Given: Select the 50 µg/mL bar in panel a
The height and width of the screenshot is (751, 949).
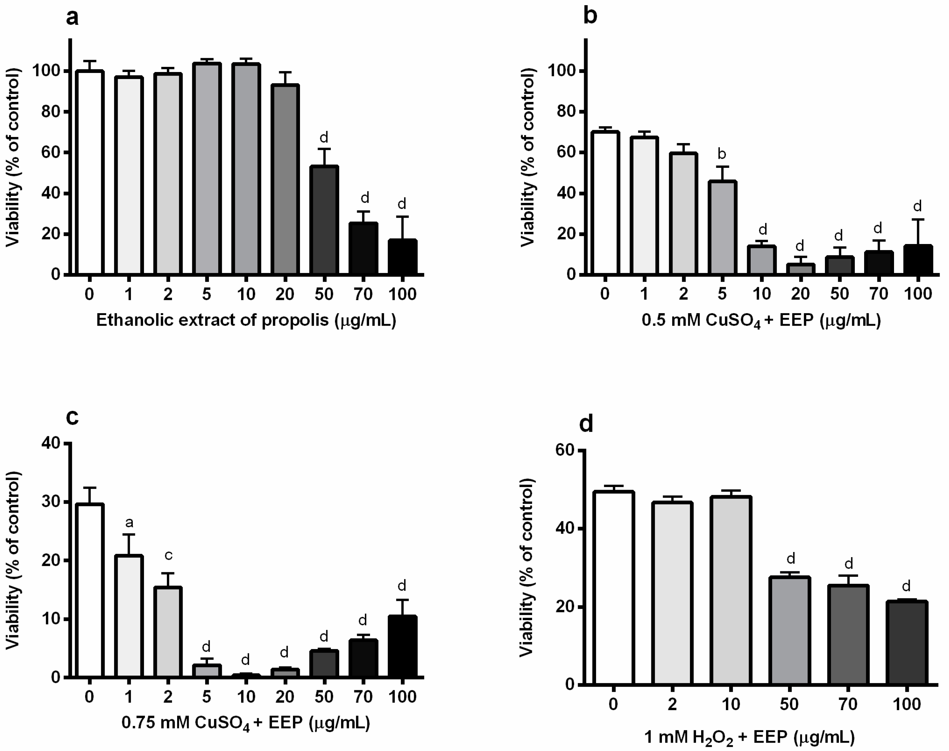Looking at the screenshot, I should click(324, 220).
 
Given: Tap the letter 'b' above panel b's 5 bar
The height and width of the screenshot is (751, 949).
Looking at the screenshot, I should click(722, 154).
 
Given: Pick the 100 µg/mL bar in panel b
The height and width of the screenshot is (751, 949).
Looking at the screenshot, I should click(918, 259).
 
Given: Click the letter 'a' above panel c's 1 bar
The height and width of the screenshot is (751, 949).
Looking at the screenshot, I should click(129, 522).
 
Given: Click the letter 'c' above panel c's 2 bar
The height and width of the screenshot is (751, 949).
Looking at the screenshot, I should click(168, 555).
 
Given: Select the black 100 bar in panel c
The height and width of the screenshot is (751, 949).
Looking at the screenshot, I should click(402, 646).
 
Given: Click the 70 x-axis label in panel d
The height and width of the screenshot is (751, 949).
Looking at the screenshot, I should click(848, 704).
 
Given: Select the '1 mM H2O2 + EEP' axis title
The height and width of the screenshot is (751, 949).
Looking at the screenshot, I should click(749, 737).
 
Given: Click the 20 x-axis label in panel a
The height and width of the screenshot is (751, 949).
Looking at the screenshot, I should click(285, 294).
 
